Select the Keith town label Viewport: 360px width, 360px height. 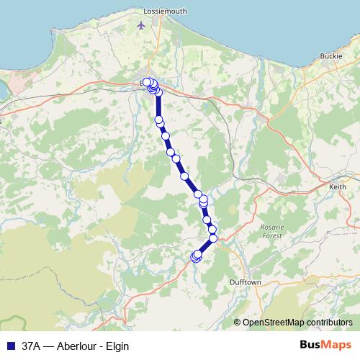click(337, 186)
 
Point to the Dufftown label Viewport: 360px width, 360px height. click(245, 283)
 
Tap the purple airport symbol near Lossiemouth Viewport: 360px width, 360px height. click(140, 26)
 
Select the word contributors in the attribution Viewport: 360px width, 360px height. click(330, 323)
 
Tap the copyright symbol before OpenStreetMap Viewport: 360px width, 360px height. click(238, 323)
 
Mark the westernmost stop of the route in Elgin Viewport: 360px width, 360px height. click(146, 81)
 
